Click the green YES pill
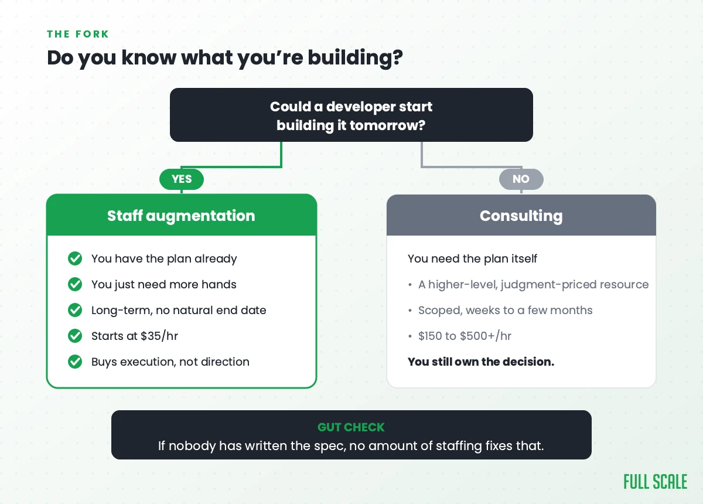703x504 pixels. point(182,179)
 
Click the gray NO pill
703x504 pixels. point(521,179)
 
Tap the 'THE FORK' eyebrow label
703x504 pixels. point(78,34)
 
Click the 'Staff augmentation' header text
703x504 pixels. point(181,216)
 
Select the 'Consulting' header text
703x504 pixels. point(521,216)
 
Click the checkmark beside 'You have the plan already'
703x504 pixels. point(75,258)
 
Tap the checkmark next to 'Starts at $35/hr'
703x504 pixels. point(75,336)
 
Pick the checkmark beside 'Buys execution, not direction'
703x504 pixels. point(75,362)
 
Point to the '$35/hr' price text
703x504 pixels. point(159,336)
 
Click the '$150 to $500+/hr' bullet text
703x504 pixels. point(465,336)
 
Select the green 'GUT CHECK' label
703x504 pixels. point(351,427)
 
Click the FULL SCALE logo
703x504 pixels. point(656,482)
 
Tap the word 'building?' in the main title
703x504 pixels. point(355,59)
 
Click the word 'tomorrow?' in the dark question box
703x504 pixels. point(388,125)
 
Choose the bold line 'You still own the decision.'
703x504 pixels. point(481,362)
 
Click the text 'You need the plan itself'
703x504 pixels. point(472,259)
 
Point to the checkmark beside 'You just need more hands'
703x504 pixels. point(75,284)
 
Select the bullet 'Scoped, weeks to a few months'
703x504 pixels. point(505,310)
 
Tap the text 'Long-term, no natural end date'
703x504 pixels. point(179,310)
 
